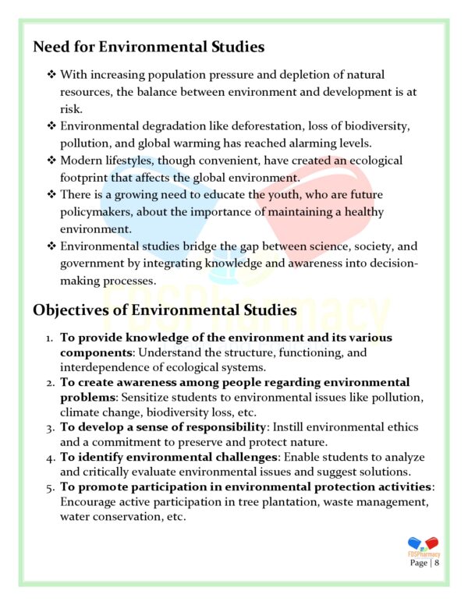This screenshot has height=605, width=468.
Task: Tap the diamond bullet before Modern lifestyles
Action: click(x=51, y=161)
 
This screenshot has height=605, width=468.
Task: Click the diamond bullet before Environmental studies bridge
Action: click(x=51, y=246)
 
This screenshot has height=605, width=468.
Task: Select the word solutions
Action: click(x=382, y=472)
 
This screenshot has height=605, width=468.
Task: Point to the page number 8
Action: click(x=438, y=562)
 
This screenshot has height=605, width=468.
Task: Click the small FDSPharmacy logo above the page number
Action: click(x=423, y=545)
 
